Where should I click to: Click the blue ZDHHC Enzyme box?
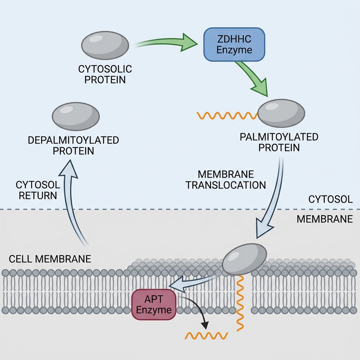[x=234, y=45]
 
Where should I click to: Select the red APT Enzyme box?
[x=154, y=305]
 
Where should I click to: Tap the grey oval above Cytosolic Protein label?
[x=105, y=45]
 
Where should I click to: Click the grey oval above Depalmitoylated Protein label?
[x=76, y=116]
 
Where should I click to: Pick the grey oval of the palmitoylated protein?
[x=281, y=113]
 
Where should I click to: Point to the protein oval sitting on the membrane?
[x=245, y=259]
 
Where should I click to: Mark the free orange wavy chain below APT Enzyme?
[x=206, y=336]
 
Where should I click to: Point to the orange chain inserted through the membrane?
[x=240, y=302]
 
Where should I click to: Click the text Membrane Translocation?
[x=226, y=180]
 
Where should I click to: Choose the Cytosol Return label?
[x=38, y=190]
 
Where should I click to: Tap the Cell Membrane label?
[x=50, y=259]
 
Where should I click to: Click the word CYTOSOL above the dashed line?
[x=330, y=200]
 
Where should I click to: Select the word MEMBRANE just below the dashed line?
[x=324, y=219]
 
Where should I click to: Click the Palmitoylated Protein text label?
[x=279, y=142]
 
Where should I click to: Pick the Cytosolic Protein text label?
[x=102, y=74]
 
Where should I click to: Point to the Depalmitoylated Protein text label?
[x=73, y=146]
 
